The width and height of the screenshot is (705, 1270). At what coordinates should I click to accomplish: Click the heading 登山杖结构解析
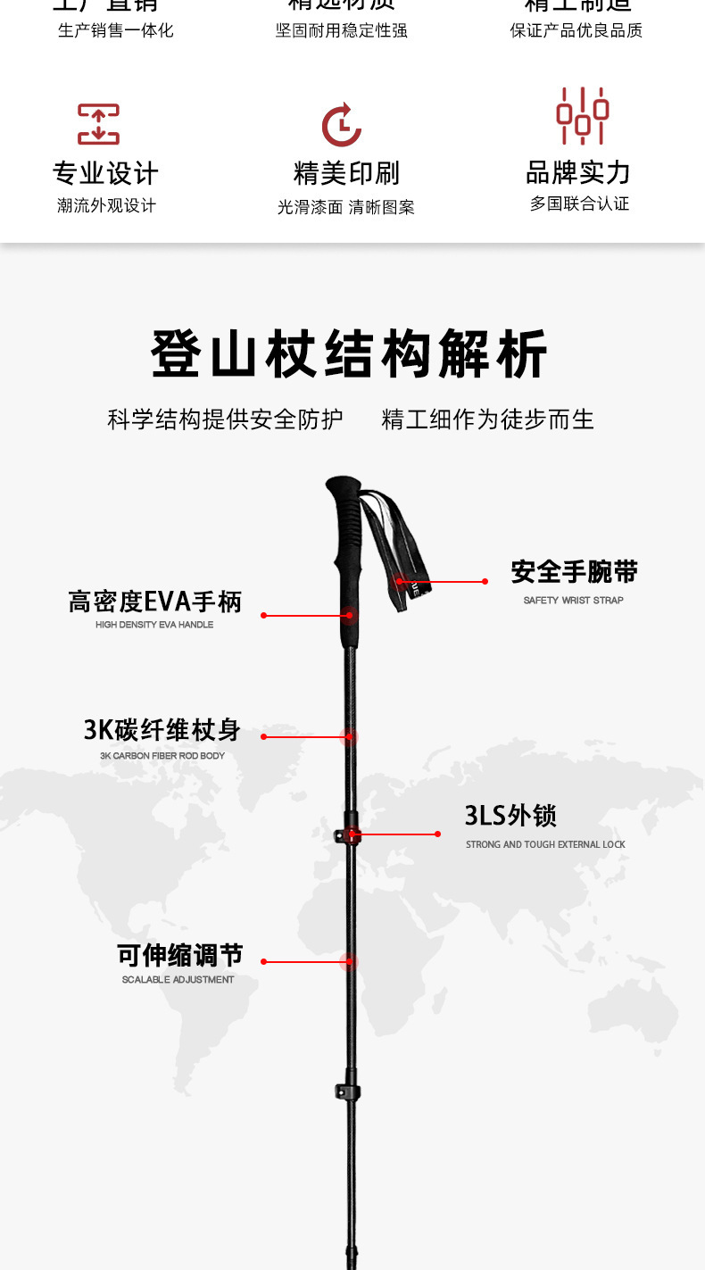point(349,354)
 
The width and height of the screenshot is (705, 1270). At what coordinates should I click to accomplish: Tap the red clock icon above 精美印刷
point(342,125)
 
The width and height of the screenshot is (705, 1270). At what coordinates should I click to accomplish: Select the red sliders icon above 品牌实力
point(582,116)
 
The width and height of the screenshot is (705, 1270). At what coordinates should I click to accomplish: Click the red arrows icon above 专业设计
point(98,124)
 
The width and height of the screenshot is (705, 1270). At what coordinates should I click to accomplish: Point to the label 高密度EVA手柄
point(155,602)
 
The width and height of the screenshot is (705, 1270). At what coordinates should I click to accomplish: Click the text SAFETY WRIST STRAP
point(573,601)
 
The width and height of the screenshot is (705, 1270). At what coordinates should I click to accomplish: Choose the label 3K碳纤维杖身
point(162,730)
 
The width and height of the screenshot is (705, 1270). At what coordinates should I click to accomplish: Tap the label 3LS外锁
point(510,816)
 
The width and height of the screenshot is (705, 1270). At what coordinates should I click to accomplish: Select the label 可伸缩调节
point(179,955)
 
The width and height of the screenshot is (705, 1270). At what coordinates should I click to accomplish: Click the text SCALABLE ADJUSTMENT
point(178,980)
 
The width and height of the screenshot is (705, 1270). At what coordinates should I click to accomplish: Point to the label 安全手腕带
point(574,572)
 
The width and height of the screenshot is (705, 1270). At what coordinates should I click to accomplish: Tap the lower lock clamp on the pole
point(348,1092)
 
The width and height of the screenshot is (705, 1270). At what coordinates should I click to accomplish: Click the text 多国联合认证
point(579,203)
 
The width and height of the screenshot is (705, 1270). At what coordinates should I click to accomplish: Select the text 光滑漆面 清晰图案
point(345,207)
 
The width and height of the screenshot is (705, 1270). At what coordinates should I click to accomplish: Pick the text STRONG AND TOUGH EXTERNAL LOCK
point(545,844)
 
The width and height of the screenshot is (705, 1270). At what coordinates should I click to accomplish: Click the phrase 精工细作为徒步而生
point(487,419)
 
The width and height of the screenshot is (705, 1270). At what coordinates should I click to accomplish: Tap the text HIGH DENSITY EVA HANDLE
point(154,625)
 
